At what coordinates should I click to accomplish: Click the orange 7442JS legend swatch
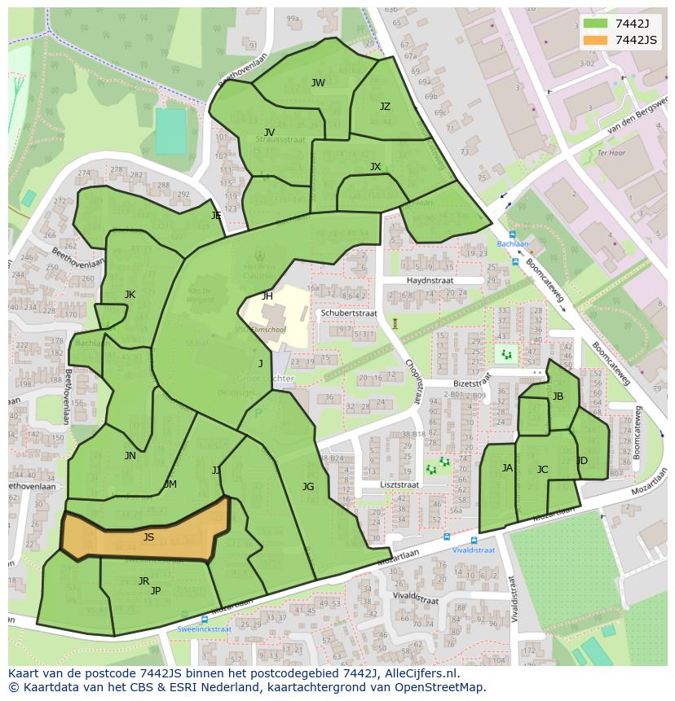595,41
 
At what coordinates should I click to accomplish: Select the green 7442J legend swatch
595,23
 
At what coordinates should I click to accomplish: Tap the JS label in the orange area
148,537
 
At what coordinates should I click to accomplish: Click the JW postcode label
318,83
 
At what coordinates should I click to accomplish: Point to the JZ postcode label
385,107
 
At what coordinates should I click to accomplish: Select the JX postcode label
375,167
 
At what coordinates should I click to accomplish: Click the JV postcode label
269,132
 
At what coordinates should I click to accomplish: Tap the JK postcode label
130,295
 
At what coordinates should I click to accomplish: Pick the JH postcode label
267,296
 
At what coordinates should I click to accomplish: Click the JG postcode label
307,487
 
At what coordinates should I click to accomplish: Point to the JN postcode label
130,456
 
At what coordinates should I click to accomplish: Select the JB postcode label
558,397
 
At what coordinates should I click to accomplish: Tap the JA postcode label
507,468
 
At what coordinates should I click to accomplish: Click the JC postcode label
542,470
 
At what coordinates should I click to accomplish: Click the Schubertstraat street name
348,313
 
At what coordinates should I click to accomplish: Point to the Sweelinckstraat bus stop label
204,629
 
